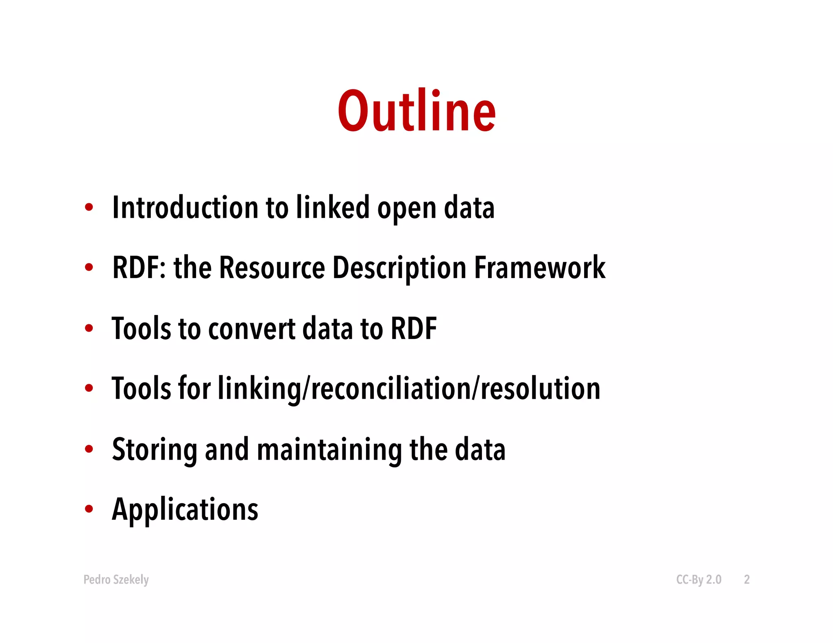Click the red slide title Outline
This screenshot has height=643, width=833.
416,111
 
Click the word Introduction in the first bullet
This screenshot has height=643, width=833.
185,208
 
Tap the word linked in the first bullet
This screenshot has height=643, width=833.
333,208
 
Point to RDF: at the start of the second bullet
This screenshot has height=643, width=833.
139,268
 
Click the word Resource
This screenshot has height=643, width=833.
272,268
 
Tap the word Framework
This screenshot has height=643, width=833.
540,268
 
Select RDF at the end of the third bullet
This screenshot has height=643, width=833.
413,328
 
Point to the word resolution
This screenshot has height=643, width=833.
541,389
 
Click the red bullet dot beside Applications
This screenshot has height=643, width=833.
89,509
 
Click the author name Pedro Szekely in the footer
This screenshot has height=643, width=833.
116,580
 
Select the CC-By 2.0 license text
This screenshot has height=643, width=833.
698,580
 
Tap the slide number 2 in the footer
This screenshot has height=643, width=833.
746,580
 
